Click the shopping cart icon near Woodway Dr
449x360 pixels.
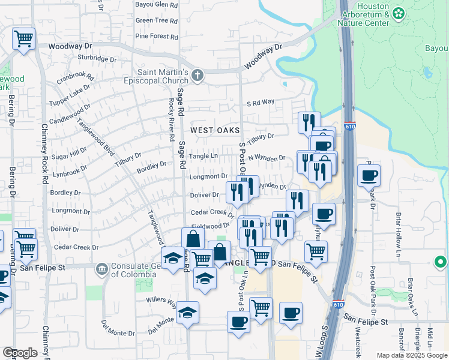(23, 40)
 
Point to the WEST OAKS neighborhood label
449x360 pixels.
(215, 130)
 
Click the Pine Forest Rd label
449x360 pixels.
(157, 37)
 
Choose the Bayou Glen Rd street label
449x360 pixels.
(157, 4)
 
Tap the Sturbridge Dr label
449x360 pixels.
(96, 59)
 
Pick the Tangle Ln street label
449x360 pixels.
(203, 156)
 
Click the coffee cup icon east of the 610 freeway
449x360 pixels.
(369, 176)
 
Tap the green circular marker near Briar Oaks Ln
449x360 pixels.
(441, 262)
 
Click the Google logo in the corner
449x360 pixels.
(20, 353)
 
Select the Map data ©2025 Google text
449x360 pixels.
(411, 355)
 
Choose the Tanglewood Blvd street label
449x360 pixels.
(95, 137)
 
